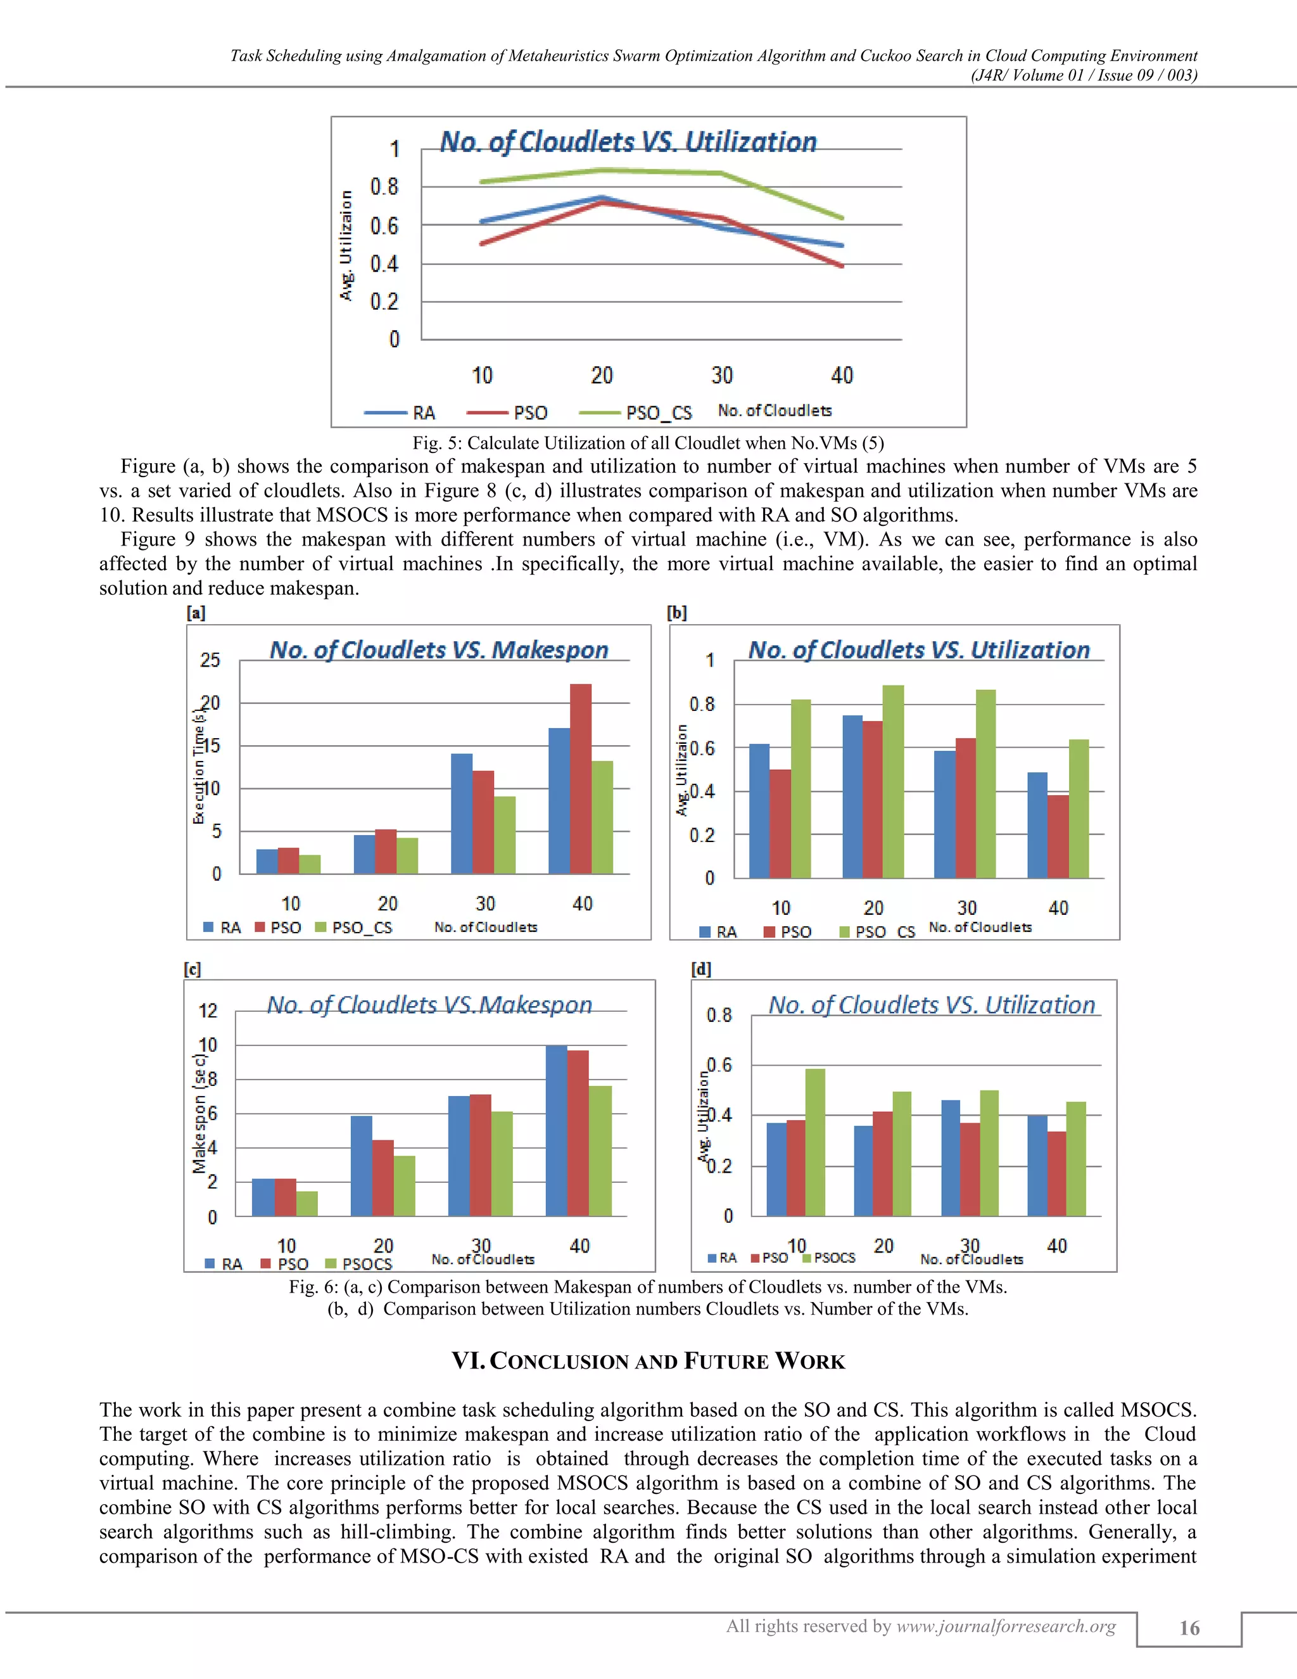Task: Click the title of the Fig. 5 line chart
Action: point(628,141)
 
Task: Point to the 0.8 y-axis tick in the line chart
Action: point(384,187)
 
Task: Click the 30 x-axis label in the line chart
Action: point(721,375)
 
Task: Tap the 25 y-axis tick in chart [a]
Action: point(210,660)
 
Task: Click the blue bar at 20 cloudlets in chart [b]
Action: point(852,796)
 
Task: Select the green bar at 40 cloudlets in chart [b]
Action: point(1079,808)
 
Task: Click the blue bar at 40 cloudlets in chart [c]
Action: point(556,1130)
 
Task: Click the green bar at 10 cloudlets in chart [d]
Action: point(815,1142)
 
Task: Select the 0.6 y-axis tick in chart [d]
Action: point(719,1065)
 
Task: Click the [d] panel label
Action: point(701,969)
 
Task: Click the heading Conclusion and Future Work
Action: point(648,1361)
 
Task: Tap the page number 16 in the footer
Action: point(1189,1628)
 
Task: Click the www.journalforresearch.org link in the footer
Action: point(1006,1626)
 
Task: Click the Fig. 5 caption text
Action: point(648,443)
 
